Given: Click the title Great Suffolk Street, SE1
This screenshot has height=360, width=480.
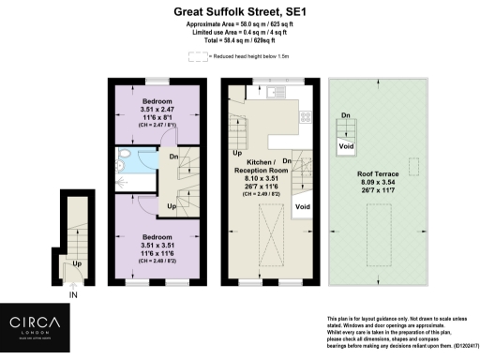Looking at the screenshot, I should tap(239, 11).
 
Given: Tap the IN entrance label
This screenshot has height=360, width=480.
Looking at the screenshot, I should tap(74, 294).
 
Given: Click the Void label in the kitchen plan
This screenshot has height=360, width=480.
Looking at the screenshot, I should tap(302, 206).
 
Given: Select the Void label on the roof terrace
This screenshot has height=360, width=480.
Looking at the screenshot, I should tap(346, 146).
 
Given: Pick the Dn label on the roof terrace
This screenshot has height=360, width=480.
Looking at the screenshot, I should tap(345, 116).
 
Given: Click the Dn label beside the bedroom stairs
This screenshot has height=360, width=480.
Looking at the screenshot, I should tap(173, 157).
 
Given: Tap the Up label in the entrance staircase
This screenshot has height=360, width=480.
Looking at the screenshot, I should tap(74, 263).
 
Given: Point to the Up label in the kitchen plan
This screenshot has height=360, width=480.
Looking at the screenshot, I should tap(236, 152).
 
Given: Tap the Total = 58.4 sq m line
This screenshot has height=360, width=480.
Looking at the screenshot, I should tap(239, 42).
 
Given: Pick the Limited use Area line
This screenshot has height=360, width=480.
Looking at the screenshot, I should tap(239, 34).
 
